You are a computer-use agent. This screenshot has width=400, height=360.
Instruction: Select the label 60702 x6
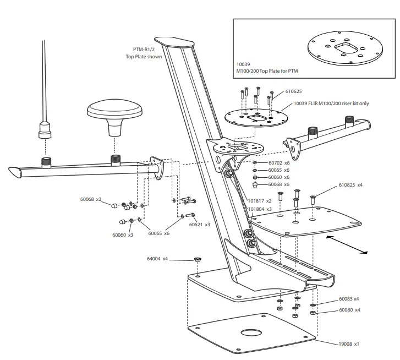pyautogui.click(x=278, y=163)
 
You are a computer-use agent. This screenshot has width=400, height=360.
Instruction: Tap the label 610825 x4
pyautogui.click(x=350, y=185)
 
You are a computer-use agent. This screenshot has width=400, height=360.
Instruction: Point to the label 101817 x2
pyautogui.click(x=260, y=201)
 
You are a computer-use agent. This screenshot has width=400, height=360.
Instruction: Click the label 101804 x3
pyautogui.click(x=260, y=209)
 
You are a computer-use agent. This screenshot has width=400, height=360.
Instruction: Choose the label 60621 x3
pyautogui.click(x=200, y=225)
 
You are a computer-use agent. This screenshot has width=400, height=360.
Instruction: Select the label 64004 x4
pyautogui.click(x=157, y=259)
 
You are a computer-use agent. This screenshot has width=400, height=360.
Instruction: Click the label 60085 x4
pyautogui.click(x=349, y=299)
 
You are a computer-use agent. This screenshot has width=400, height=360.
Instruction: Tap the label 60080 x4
pyautogui.click(x=349, y=310)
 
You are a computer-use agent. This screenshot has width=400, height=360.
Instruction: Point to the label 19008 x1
pyautogui.click(x=349, y=344)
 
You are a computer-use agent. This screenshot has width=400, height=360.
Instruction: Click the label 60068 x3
pyautogui.click(x=91, y=199)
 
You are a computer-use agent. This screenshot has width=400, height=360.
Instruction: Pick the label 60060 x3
pyautogui.click(x=123, y=235)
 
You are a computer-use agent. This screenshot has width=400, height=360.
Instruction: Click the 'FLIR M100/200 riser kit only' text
pyautogui.click(x=330, y=103)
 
